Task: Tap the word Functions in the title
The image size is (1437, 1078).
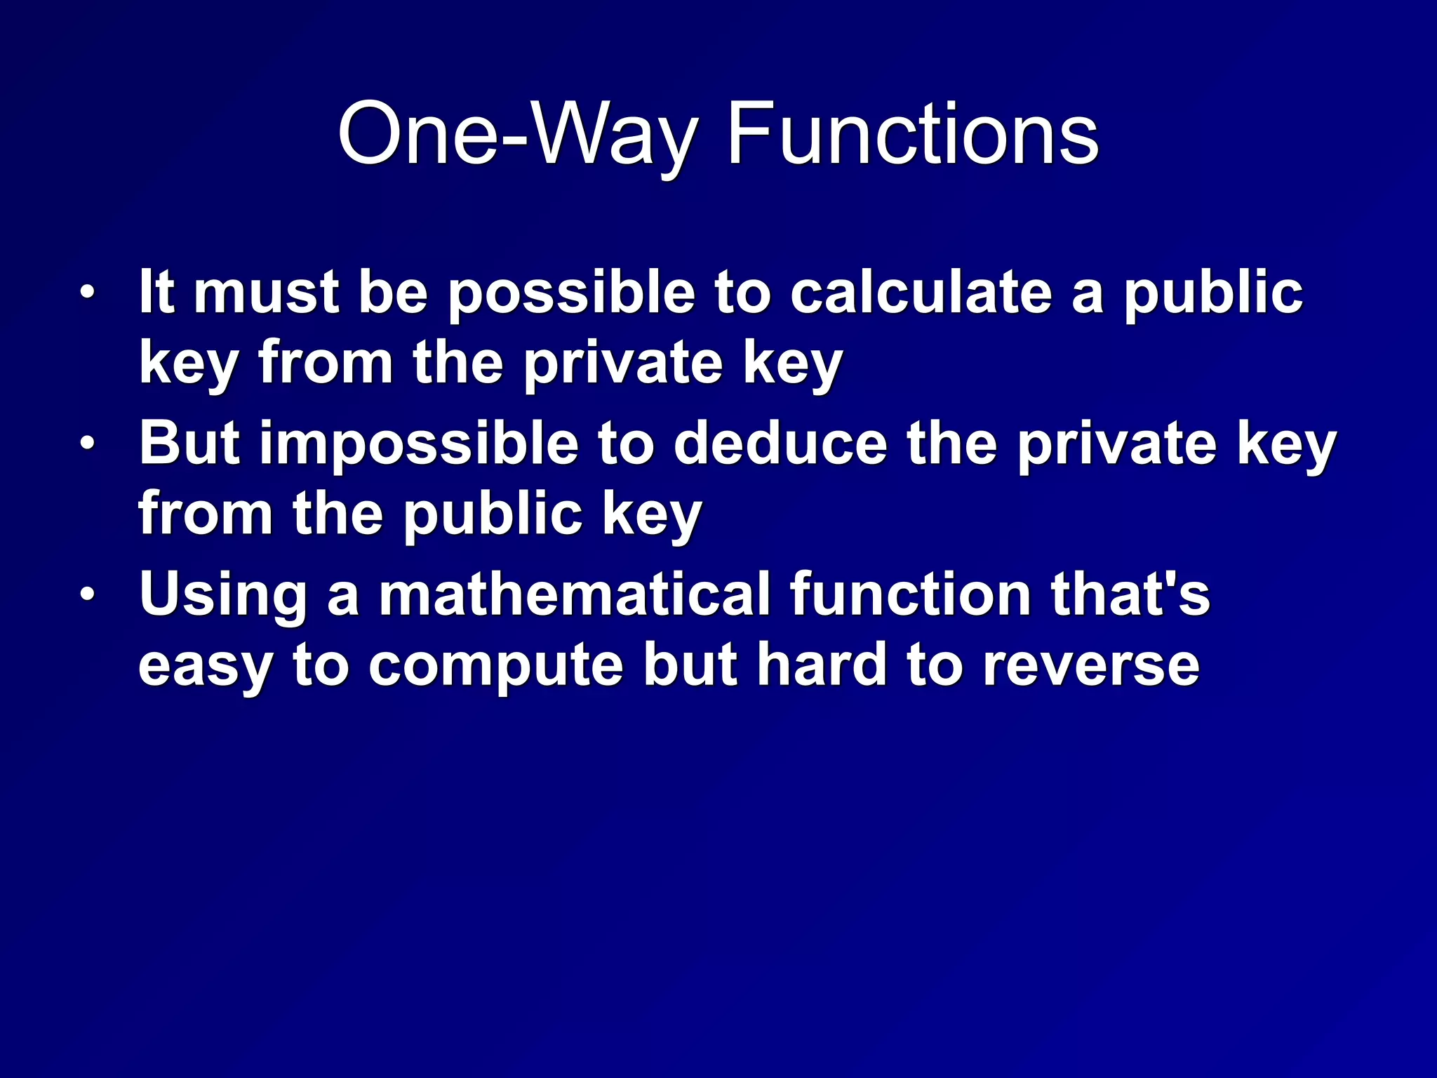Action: pos(912,133)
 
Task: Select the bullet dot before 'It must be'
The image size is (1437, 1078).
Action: pos(86,292)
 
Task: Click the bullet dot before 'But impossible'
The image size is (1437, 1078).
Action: pos(86,443)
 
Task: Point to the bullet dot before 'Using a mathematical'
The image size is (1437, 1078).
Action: pos(86,594)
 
